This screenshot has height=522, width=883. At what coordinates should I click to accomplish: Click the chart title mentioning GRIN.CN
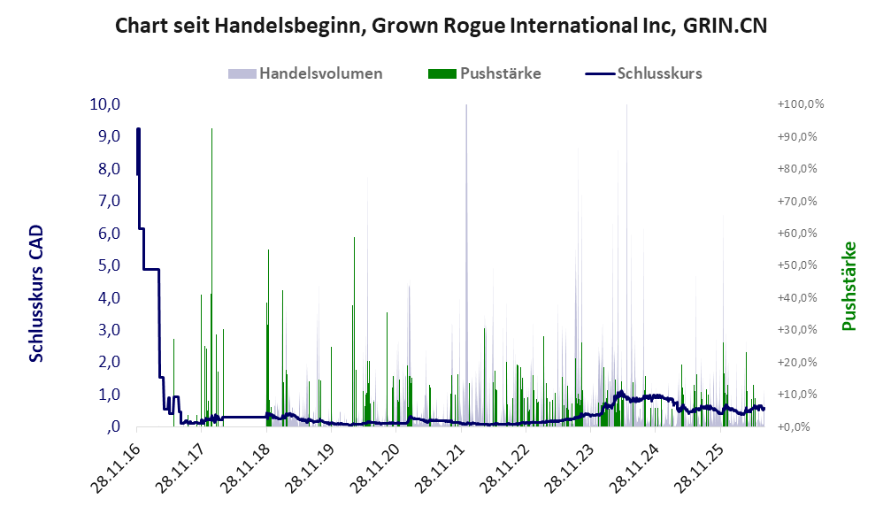[441, 26]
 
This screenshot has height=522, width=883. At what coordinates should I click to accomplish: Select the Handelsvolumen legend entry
[305, 73]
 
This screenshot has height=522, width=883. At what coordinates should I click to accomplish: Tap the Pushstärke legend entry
[484, 73]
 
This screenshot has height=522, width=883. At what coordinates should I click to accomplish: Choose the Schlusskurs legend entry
[643, 73]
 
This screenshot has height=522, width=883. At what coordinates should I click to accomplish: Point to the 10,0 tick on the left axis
[105, 104]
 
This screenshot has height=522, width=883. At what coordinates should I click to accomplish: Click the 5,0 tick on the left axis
[110, 265]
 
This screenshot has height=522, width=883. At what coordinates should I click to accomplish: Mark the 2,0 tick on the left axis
[110, 362]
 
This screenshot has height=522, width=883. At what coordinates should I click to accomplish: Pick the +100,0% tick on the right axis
[801, 104]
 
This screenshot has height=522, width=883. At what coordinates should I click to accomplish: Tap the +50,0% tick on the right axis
[797, 265]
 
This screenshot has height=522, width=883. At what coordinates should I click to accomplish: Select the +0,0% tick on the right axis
[794, 426]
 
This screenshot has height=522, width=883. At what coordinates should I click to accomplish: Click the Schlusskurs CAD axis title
[36, 294]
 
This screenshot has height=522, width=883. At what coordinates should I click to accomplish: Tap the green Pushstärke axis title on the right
[848, 286]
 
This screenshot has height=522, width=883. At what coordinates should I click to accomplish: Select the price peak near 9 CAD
[138, 130]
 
